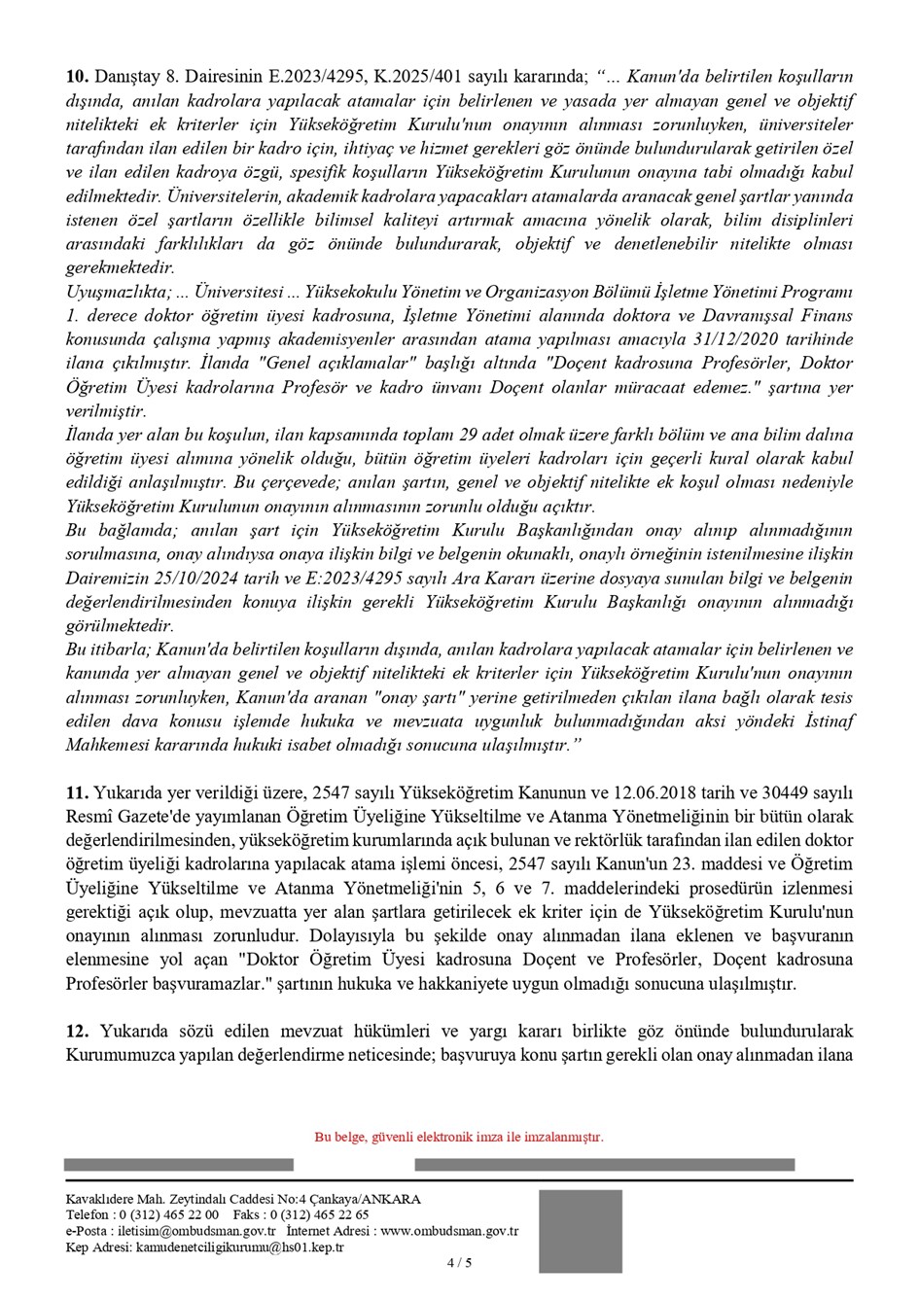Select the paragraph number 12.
point(76,1031)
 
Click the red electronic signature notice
point(459,1137)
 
